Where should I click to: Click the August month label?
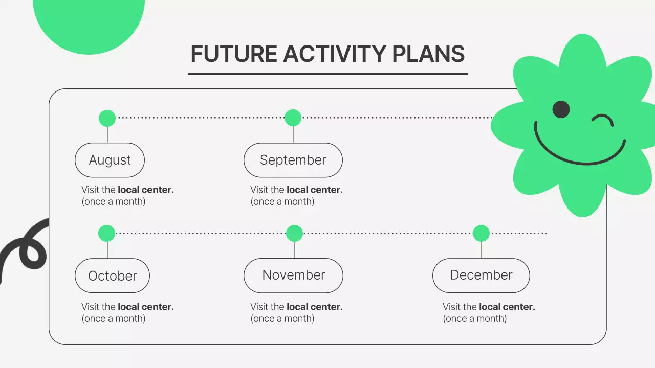pos(110,160)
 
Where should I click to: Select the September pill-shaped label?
pos(293,160)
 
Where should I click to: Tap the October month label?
pos(112,275)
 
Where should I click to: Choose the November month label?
pos(293,275)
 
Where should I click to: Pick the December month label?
pos(481,275)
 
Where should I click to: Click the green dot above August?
pos(107,118)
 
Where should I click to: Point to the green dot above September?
pos(293,118)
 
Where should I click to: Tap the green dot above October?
pos(107,234)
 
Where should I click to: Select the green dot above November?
pos(294,234)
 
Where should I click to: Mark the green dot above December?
pos(481,234)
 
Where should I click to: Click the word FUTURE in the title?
pos(234,54)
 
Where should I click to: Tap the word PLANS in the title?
pos(428,54)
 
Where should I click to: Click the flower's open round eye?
pos(561,109)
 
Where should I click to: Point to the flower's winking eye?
pos(603,120)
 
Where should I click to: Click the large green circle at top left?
pos(89,24)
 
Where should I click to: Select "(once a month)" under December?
pos(474,318)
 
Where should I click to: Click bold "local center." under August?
pos(146,190)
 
